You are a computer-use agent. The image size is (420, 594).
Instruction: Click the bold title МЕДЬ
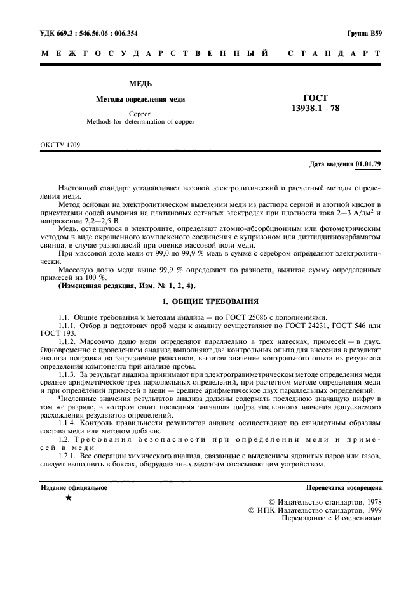click(140, 84)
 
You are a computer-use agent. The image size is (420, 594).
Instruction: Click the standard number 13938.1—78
click(315, 109)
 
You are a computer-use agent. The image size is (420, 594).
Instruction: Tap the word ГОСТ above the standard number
click(315, 98)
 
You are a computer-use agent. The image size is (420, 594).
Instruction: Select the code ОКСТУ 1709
click(60, 145)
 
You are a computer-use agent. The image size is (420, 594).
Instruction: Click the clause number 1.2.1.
click(66, 456)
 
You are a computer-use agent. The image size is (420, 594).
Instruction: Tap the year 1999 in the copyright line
click(369, 508)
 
